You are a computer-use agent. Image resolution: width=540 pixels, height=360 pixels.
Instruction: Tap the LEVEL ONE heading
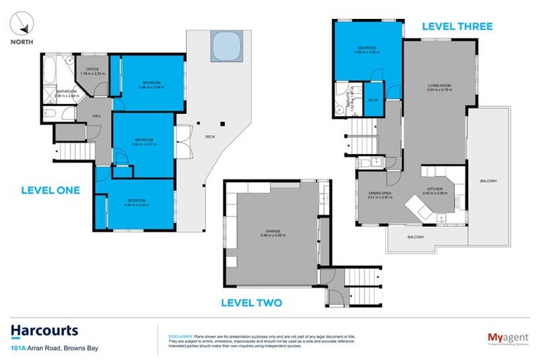(51, 190)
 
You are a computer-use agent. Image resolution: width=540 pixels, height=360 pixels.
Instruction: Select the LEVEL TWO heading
(251, 303)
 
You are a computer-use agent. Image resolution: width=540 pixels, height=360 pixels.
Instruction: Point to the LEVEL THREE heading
(456, 27)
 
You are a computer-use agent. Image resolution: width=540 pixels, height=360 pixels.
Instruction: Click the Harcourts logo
(44, 330)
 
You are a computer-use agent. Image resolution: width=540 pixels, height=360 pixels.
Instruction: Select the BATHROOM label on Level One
(67, 91)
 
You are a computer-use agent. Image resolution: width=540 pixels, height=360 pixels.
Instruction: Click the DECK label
(210, 136)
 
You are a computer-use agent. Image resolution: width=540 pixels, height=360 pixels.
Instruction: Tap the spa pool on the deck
(225, 47)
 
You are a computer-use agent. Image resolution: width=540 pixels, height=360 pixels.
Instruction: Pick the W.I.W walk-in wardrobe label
(373, 99)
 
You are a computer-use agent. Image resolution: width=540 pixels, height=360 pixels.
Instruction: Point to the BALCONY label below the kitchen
(416, 237)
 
